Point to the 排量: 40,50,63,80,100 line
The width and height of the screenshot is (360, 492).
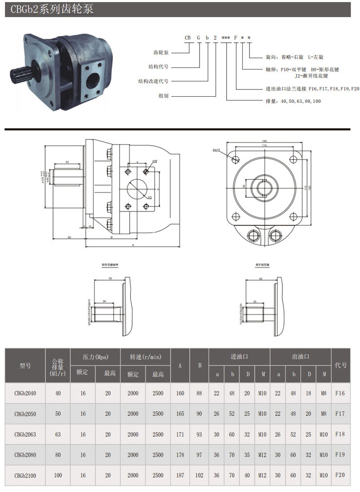(x=293, y=101)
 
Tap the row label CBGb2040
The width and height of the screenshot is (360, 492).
(x=25, y=393)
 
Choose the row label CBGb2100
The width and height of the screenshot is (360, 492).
(x=25, y=476)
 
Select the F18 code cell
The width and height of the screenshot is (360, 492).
(x=340, y=434)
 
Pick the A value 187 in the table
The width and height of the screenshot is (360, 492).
(x=180, y=476)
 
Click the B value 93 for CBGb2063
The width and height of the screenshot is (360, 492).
(x=199, y=434)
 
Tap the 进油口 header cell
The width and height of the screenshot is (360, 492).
(x=239, y=356)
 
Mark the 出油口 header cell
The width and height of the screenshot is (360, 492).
(x=300, y=356)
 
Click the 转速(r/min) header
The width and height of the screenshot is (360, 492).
(x=145, y=356)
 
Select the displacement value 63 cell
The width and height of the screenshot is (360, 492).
(x=58, y=434)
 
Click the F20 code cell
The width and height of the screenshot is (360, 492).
(x=340, y=475)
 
